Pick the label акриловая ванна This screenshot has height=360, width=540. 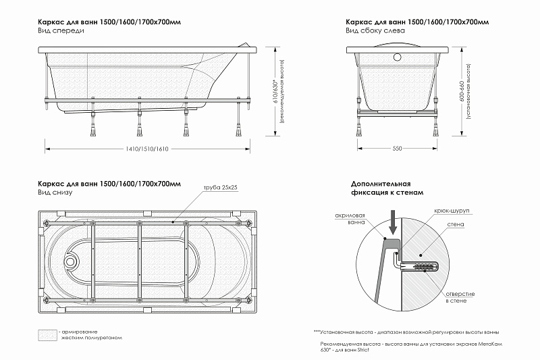[x=350, y=219]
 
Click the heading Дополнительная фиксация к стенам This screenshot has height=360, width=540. [x=386, y=188]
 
